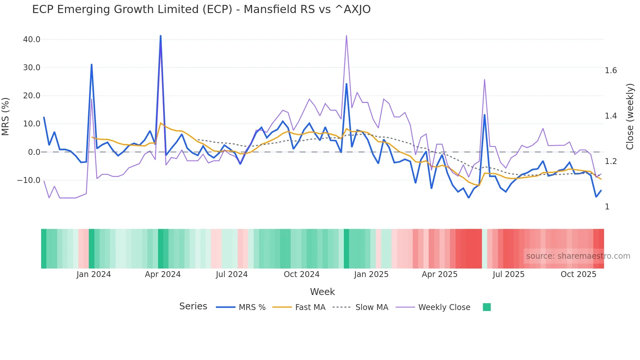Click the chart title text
[x=201, y=9]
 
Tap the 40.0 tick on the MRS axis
[x=32, y=40]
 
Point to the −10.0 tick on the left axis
[x=29, y=180]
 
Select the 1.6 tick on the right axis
[x=611, y=71]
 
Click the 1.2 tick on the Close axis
[x=611, y=161]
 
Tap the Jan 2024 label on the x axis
[x=94, y=274]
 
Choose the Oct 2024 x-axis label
[x=301, y=274]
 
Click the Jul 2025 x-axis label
[x=508, y=274]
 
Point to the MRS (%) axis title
[x=6, y=117]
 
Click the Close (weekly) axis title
[x=630, y=117]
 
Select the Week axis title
[x=322, y=292]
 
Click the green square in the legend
[x=487, y=307]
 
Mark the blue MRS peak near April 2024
[x=160, y=36]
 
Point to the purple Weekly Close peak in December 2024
[x=346, y=36]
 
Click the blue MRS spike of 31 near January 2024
[x=91, y=65]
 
